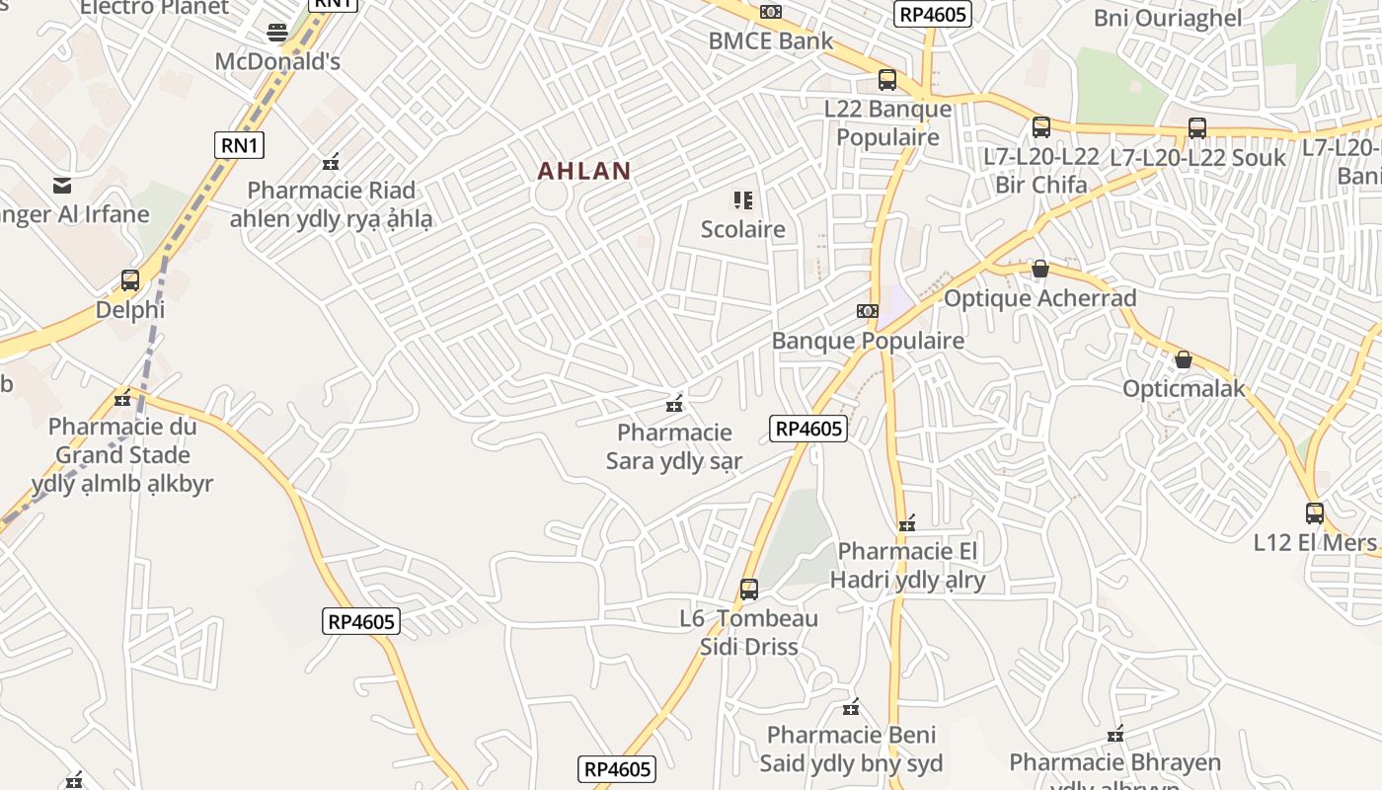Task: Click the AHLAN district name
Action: pyautogui.click(x=583, y=171)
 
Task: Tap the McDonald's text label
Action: pyautogui.click(x=277, y=61)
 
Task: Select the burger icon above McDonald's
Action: pyautogui.click(x=277, y=33)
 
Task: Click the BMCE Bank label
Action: pyautogui.click(x=771, y=40)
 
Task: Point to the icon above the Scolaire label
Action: pyautogui.click(x=743, y=201)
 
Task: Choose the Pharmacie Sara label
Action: pyautogui.click(x=674, y=446)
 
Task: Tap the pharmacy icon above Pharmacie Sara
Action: pyautogui.click(x=675, y=404)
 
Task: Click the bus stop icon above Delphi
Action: pyautogui.click(x=130, y=280)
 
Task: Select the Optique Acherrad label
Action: pyautogui.click(x=1040, y=298)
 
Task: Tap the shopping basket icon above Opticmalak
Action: pyautogui.click(x=1184, y=359)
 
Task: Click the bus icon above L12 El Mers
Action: pyautogui.click(x=1315, y=513)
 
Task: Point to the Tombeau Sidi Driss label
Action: pyautogui.click(x=748, y=633)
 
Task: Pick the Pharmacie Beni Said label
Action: pyautogui.click(x=851, y=749)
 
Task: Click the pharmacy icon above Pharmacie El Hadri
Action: pyautogui.click(x=907, y=523)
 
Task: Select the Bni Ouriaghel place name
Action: pyautogui.click(x=1167, y=18)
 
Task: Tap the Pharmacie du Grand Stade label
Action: pyautogui.click(x=122, y=455)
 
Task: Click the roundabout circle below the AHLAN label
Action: pyautogui.click(x=551, y=197)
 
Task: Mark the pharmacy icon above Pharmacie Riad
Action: pyautogui.click(x=331, y=162)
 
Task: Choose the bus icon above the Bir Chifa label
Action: pyautogui.click(x=1041, y=127)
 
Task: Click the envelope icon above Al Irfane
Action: pyautogui.click(x=63, y=185)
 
